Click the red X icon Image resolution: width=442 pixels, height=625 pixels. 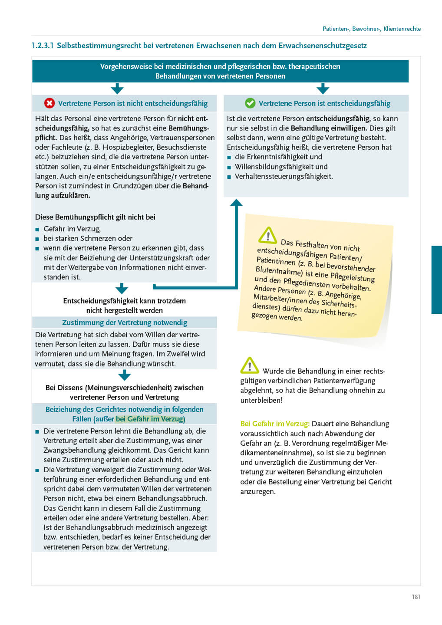click(x=49, y=103)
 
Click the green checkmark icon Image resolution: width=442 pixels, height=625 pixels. click(x=250, y=103)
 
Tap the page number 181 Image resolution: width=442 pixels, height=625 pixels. click(x=416, y=597)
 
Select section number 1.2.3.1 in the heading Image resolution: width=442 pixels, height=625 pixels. click(x=43, y=46)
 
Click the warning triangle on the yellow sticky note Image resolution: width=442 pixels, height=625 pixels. click(x=267, y=235)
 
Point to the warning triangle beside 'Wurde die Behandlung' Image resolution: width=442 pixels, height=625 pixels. click(x=250, y=366)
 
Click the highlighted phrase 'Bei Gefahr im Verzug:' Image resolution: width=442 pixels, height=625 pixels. click(x=275, y=424)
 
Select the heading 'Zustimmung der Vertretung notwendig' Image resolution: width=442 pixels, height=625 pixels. click(x=125, y=322)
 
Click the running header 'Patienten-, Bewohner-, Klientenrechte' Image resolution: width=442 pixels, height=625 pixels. click(x=372, y=29)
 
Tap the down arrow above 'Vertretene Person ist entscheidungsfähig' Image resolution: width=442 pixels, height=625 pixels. click(x=323, y=89)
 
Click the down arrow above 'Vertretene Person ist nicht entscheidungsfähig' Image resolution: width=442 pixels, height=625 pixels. click(x=117, y=89)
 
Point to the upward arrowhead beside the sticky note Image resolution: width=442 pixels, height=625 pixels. click(x=236, y=203)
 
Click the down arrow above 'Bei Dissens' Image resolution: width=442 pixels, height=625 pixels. click(x=125, y=375)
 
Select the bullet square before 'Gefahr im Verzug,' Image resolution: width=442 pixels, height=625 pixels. click(x=37, y=229)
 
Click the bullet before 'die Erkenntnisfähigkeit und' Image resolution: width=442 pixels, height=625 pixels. click(x=229, y=157)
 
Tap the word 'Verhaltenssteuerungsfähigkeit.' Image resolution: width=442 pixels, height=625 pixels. click(x=284, y=176)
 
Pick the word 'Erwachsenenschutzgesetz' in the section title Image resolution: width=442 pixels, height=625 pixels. click(x=323, y=46)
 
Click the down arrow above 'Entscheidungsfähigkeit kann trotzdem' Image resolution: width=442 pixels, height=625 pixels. click(x=122, y=288)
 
